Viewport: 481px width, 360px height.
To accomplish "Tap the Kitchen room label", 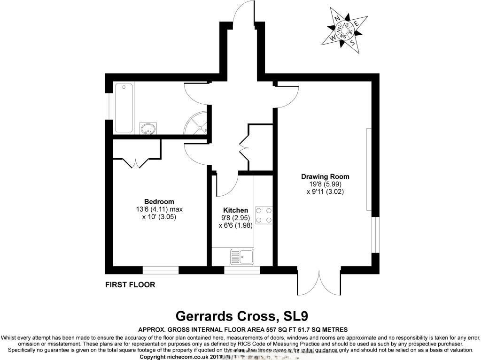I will coord(235,210).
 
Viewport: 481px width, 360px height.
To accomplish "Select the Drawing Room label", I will coord(325,176).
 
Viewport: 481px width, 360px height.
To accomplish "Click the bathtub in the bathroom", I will coord(124,107).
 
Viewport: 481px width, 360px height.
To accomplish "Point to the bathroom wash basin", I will coord(148,128).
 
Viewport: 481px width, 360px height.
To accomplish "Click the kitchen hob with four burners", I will coord(266,215).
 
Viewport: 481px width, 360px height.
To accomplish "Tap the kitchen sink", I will coord(241,256).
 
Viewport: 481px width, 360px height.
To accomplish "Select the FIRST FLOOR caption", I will coord(130,284).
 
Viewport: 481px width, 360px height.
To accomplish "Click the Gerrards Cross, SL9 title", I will coord(241,315).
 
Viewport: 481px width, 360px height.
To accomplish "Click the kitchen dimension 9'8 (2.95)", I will coord(235,218).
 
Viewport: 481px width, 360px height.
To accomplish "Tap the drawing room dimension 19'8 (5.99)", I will coord(325,184).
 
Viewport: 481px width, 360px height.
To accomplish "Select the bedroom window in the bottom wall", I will coord(161,270).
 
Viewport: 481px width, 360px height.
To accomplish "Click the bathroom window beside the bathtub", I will coord(108,107).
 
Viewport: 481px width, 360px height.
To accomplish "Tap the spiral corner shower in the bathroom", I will coord(197,124).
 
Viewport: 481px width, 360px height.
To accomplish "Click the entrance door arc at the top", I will coord(247,14).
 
